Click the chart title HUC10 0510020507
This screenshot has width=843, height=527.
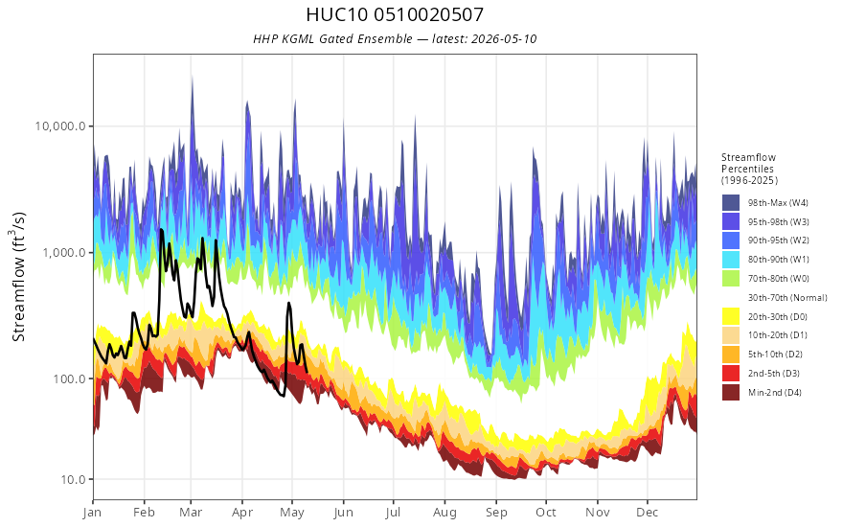pos(395,14)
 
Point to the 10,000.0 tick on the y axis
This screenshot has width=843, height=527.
pos(60,126)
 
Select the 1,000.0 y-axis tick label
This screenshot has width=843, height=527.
pos(64,252)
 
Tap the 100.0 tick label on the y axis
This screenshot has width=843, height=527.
pos(69,378)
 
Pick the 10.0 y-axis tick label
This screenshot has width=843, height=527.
pos(73,479)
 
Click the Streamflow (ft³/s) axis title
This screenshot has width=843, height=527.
pos(19,276)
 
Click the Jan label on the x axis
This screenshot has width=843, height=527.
pos(93,513)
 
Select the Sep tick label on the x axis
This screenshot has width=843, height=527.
pos(496,513)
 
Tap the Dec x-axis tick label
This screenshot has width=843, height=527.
pos(648,513)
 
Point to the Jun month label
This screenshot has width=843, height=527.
pos(343,513)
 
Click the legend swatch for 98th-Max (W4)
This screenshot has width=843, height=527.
pos(731,203)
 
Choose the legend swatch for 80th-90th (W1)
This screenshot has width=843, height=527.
pos(731,260)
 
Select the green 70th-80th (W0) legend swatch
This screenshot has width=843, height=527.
pos(731,279)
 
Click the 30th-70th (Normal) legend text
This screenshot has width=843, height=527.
pos(787,298)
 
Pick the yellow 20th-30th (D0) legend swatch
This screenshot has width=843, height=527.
pos(731,317)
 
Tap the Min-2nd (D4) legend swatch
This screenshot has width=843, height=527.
pos(731,393)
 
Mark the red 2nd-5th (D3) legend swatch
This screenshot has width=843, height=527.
pos(731,373)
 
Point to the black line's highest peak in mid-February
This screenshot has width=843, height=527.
pos(161,230)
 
